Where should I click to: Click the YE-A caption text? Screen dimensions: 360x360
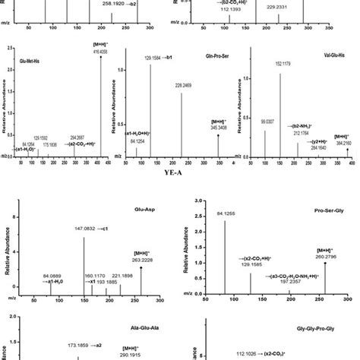point(179,172)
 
